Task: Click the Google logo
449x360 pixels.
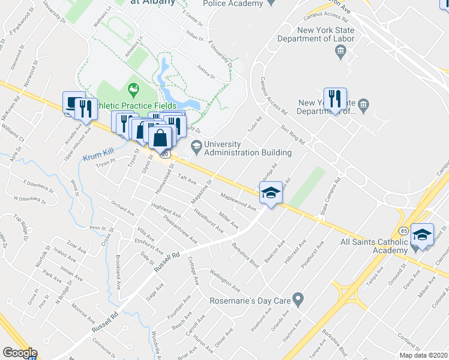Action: click(20, 353)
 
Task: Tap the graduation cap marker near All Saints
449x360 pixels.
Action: click(423, 234)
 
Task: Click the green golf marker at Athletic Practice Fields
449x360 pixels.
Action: click(133, 91)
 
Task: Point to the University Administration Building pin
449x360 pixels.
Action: click(196, 145)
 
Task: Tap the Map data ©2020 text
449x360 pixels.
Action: click(423, 355)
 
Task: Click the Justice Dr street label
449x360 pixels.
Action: click(205, 73)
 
